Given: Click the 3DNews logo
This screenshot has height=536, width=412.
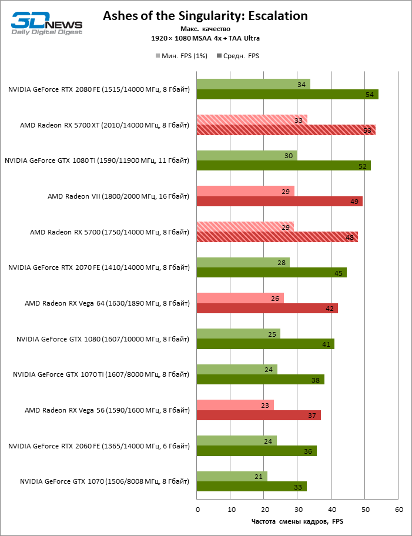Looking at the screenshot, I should point(46,23).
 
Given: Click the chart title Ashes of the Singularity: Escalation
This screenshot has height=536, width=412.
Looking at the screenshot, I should point(205,16).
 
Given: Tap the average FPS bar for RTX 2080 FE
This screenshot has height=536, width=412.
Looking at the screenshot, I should point(287,95).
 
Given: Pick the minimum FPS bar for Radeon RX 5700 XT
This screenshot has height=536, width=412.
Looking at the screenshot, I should point(252,120).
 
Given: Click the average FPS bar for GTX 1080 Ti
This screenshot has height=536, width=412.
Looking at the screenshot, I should point(283,166).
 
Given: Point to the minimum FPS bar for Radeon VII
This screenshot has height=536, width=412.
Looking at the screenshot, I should point(245,191).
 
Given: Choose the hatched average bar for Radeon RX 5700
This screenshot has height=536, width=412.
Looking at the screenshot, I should point(277,237).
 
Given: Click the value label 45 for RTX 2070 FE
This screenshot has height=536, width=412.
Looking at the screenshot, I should point(339,273).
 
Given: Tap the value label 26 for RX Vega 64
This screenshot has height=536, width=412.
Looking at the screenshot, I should point(275,298).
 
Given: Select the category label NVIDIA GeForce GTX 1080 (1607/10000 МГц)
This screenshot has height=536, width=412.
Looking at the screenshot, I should point(103,339).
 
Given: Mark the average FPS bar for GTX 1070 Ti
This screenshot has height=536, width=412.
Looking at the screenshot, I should point(260,380).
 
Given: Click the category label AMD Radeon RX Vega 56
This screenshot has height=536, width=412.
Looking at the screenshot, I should point(107,410).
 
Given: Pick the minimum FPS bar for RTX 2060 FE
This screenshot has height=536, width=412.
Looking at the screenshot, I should point(236,441).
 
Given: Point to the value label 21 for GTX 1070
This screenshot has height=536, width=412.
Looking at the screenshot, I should point(259,477).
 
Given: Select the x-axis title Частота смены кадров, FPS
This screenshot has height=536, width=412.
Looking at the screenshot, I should point(297,521).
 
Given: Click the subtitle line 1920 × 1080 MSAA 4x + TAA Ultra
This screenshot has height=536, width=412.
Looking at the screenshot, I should point(205,38).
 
